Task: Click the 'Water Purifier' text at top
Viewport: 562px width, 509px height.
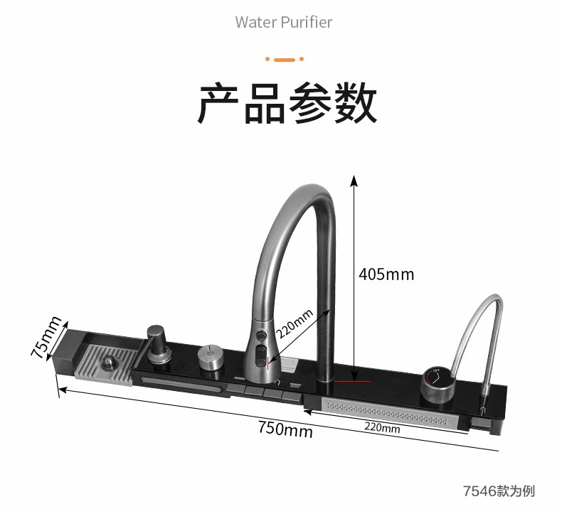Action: coord(284,22)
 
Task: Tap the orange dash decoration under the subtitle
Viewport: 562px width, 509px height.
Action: coord(284,59)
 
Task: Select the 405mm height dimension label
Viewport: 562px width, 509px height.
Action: coord(386,274)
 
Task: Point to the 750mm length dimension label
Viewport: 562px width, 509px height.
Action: coord(285,429)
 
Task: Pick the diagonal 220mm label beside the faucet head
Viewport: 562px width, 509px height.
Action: coord(294,324)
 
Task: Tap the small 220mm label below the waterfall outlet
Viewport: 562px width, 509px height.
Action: coord(382,428)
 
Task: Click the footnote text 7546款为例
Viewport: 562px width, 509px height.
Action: coord(498,491)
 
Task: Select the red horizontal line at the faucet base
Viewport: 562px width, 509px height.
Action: coord(354,382)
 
